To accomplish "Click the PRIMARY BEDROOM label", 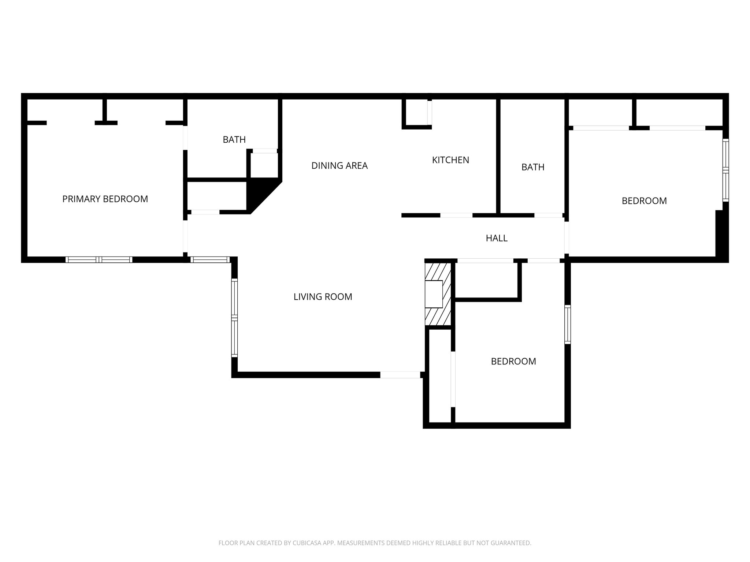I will point(105,199).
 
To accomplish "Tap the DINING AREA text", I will point(339,166).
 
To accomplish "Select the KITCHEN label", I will point(450,160).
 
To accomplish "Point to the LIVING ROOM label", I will point(323,297).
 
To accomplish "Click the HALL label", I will point(496,238).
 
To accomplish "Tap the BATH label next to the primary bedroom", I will point(234,139).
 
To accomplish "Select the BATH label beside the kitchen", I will point(532,167).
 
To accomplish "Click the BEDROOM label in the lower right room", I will point(513,361).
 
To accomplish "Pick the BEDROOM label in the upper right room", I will point(644,201).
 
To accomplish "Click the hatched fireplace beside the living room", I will point(438,294).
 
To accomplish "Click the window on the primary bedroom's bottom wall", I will point(99,259).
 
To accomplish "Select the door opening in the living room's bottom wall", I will point(400,375).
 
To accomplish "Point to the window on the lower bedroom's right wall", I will point(567,325).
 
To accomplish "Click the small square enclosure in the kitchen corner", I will point(416,112).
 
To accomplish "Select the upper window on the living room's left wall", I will point(234,297).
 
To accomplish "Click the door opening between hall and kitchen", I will point(456,215).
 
